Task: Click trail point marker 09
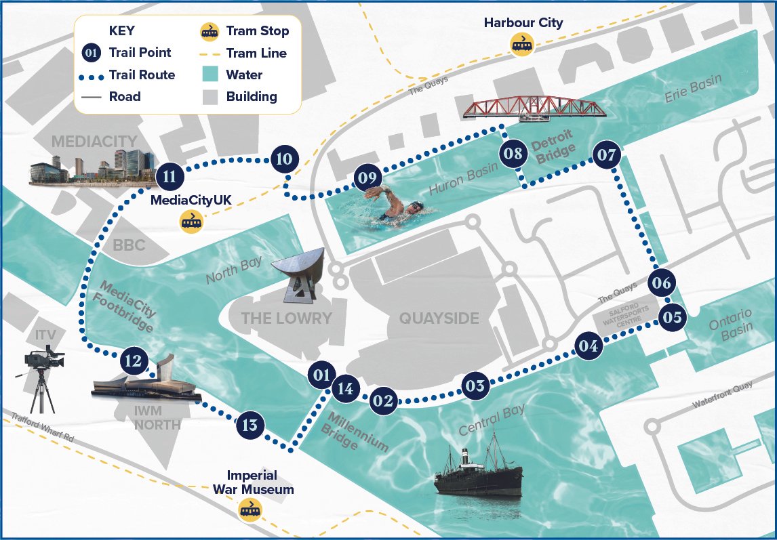[365, 178]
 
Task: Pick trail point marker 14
[345, 389]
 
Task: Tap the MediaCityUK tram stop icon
[191, 221]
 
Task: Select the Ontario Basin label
[730, 322]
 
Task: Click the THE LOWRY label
[287, 318]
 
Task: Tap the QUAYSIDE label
[439, 318]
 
